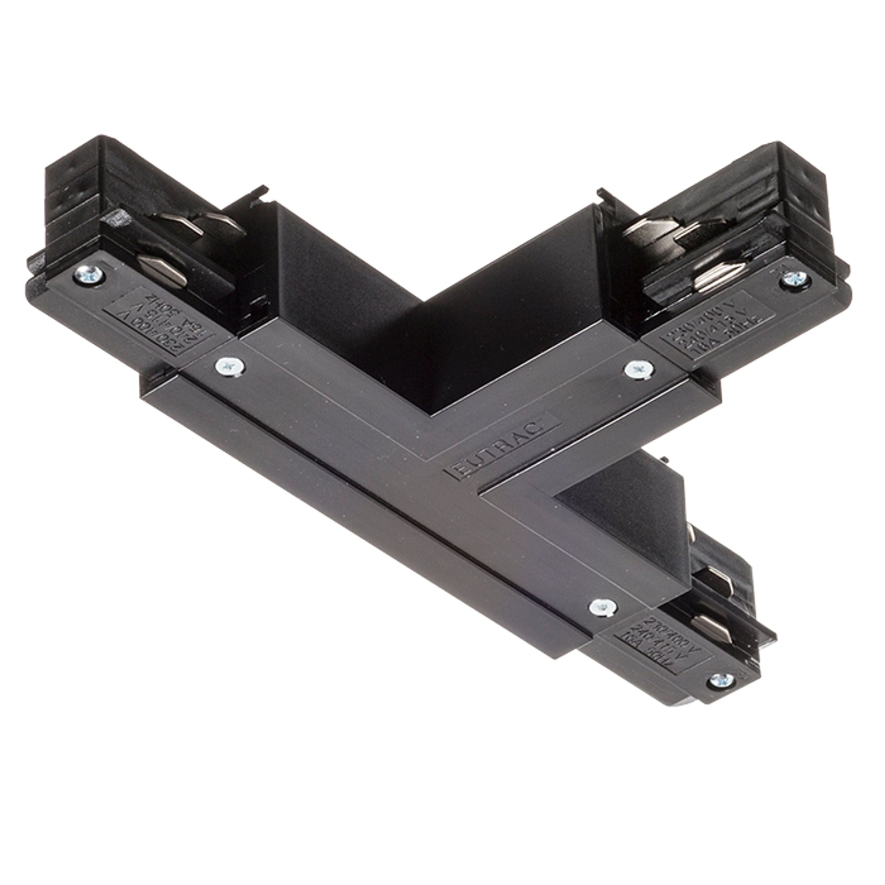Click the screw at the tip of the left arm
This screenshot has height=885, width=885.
tap(89, 275)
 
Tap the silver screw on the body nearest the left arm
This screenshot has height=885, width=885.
tap(230, 366)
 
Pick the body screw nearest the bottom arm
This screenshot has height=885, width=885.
tap(603, 607)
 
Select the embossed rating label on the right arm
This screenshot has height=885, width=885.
tap(717, 326)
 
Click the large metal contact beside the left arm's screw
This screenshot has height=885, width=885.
tap(163, 271)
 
